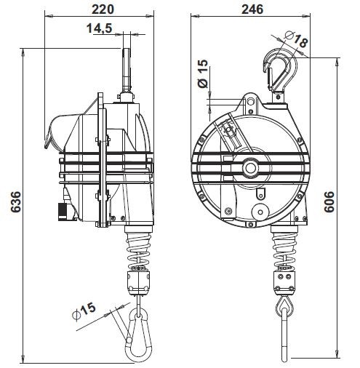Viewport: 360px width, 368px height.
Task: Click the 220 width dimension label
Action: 103,9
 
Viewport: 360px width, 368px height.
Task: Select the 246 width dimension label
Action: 252,9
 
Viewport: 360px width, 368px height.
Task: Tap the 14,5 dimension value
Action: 100,28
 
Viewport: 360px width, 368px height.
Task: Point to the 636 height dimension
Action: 17,201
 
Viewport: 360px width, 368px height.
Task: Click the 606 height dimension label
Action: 329,201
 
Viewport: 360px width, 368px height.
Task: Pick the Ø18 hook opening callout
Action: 296,39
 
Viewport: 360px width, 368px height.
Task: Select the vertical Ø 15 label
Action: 203,73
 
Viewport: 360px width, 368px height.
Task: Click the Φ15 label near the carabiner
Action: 84,311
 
